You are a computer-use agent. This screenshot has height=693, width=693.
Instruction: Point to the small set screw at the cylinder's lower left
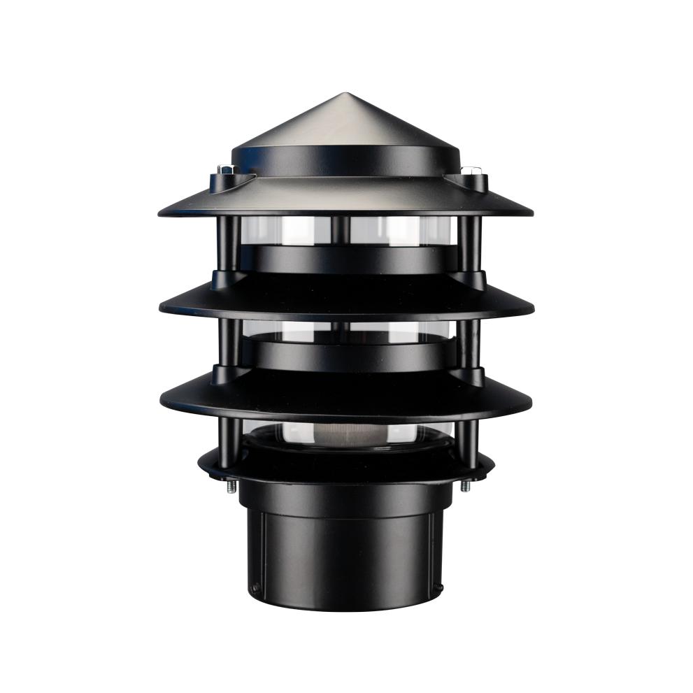coord(256,587)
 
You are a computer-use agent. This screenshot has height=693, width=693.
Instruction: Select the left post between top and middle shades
coord(226,245)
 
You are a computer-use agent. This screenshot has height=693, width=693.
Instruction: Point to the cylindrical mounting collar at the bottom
coord(347,552)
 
